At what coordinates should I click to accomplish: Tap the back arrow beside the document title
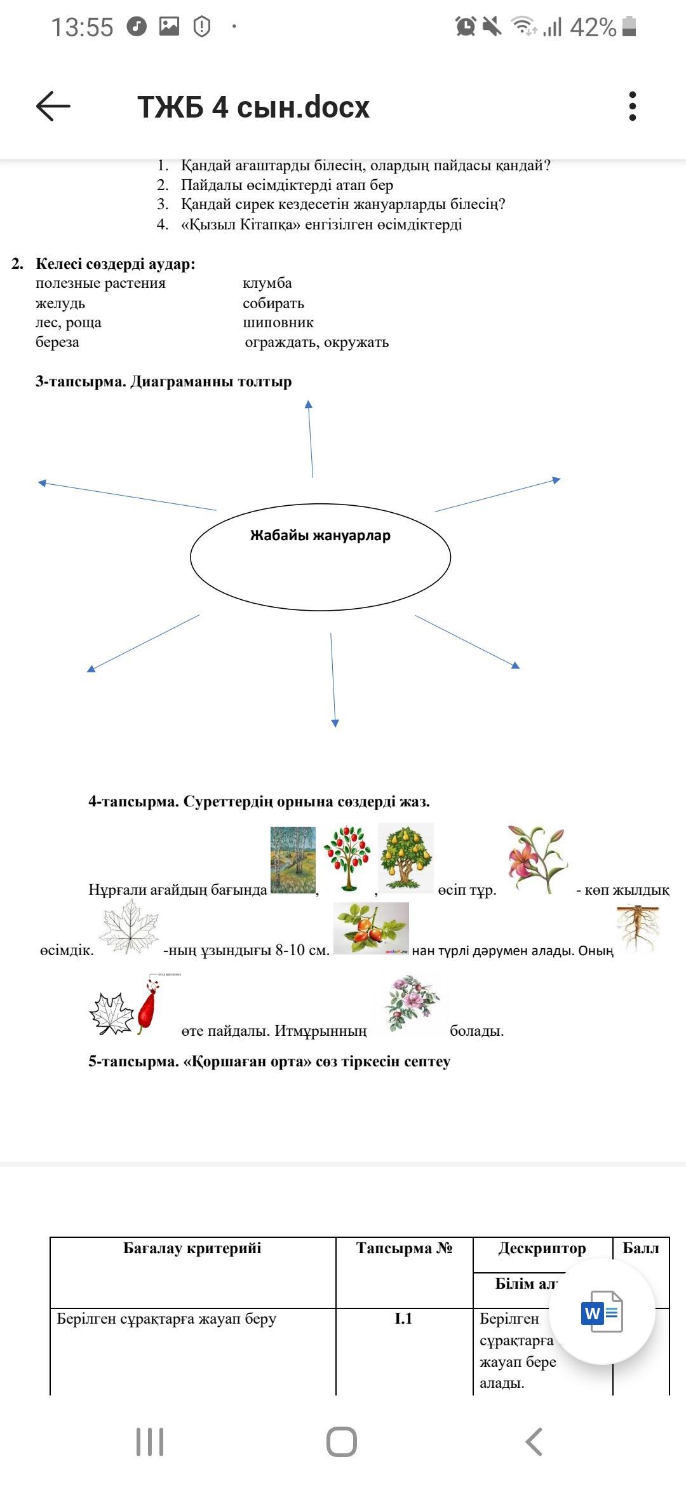pos(53,105)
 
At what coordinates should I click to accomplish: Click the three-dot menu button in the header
pos(632,106)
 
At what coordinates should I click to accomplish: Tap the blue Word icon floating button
pos(602,1312)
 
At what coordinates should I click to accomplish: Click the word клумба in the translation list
pos(267,283)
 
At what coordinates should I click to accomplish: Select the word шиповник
pos(278,322)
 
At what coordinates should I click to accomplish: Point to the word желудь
pos(60,303)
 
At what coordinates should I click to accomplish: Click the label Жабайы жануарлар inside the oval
pos(320,535)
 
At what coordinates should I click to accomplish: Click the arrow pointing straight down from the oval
pos(333,680)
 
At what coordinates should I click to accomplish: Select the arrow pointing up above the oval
pos(311,438)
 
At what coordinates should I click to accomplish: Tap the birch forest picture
pos(293,860)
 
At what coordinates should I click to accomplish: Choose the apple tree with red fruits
pos(346,858)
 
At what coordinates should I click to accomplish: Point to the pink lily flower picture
pos(537,859)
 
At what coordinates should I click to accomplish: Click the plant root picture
pos(638,929)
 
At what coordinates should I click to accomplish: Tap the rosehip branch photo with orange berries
pos(371,928)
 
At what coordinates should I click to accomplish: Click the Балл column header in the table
pos(641,1248)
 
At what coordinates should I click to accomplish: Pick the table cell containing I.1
pos(404,1319)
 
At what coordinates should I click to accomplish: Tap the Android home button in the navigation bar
pos(342,1442)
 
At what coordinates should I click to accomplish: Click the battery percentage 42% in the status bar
pos(593,27)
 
